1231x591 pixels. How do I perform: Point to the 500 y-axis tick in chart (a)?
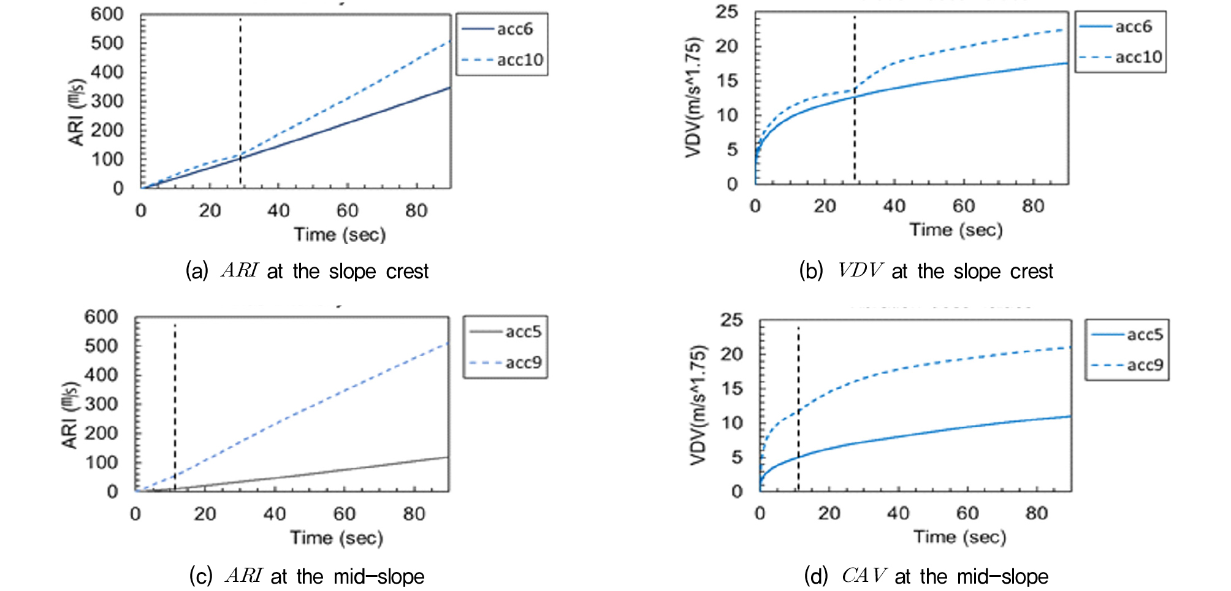tap(107, 43)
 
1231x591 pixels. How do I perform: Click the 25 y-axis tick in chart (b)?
tap(726, 12)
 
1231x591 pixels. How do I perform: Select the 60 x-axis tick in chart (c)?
tap(344, 514)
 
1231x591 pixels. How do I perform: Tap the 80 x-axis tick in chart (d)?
tap(1037, 513)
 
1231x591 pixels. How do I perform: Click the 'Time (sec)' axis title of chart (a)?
tap(340, 235)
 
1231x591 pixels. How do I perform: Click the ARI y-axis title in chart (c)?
tap(71, 415)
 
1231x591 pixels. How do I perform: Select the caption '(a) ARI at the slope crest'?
tap(307, 271)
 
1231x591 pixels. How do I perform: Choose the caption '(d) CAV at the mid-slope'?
tap(926, 576)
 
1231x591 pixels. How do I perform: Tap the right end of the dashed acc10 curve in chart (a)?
tap(450, 41)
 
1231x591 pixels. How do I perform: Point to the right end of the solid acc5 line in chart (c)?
tap(448, 457)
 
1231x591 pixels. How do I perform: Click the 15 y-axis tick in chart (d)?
tap(732, 388)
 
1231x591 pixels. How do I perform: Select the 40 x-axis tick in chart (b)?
tap(894, 206)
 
